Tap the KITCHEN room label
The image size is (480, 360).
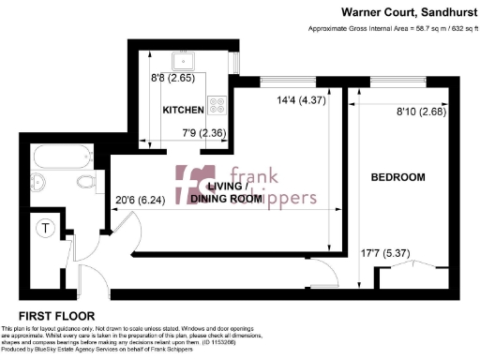click(x=184, y=111)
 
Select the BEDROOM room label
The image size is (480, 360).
click(x=397, y=177)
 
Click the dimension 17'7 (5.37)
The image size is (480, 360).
click(x=386, y=251)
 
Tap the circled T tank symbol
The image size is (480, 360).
click(x=44, y=228)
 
